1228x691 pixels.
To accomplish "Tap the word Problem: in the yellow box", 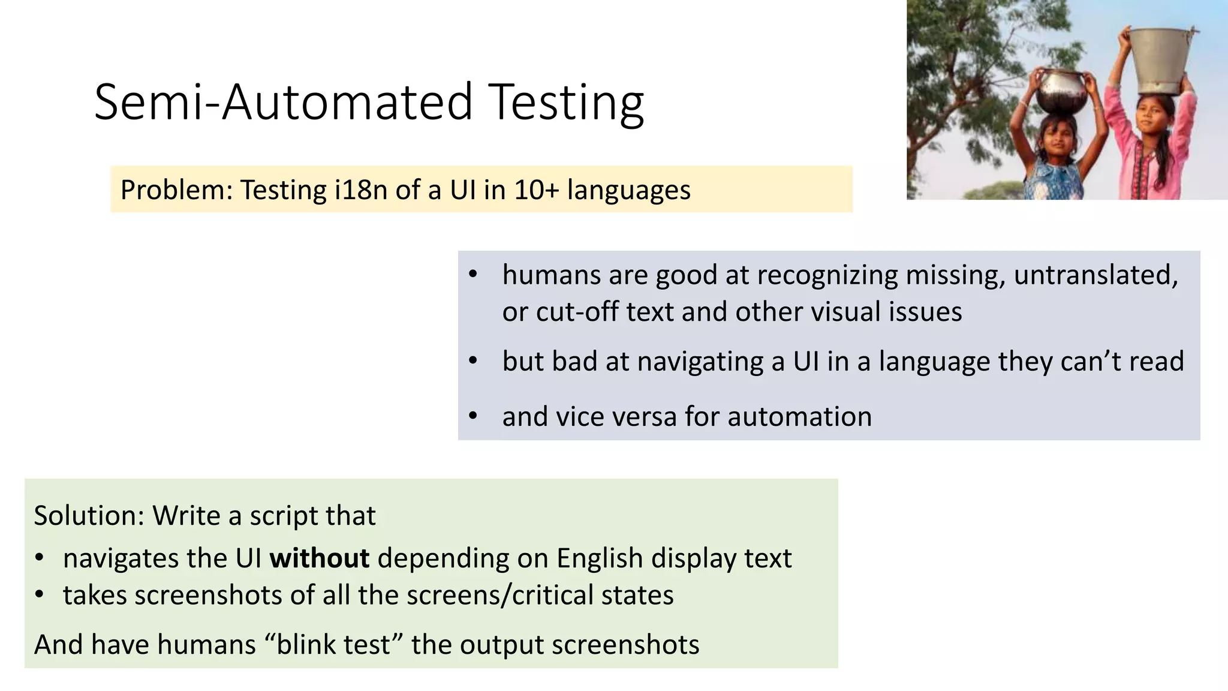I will tap(176, 190).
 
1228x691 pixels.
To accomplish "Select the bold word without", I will tap(319, 558).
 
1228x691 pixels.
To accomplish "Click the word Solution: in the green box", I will tap(89, 516).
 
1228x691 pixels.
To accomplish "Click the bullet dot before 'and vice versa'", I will tap(472, 416).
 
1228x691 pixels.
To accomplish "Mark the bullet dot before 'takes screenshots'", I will tap(40, 595).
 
